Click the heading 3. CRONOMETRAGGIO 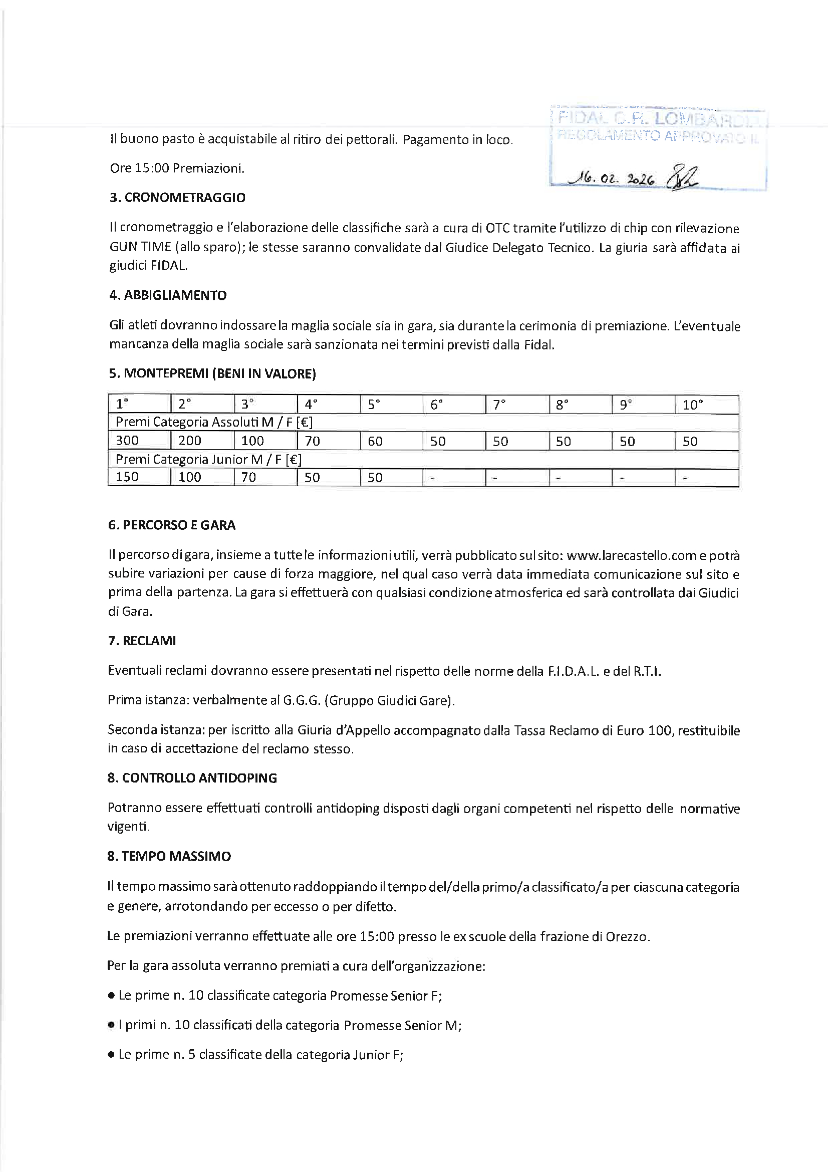[177, 198]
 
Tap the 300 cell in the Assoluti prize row [127, 441]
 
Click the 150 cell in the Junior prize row [127, 477]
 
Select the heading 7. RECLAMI [142, 641]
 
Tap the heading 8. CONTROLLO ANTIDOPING [192, 778]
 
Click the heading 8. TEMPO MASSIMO [169, 856]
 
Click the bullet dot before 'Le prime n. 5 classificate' [111, 1055]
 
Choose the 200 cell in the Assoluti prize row [189, 441]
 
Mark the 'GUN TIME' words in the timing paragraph [140, 247]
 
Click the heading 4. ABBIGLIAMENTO [168, 296]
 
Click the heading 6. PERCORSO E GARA [171, 525]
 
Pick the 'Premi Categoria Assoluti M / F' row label [214, 422]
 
